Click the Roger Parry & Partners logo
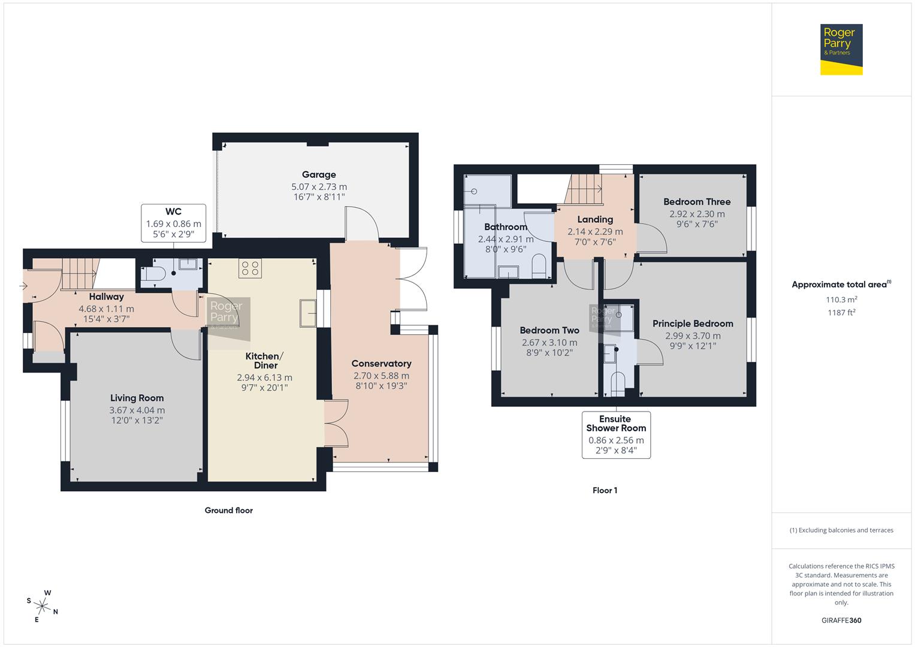tap(841, 49)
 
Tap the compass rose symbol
tap(43, 606)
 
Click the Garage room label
tap(319, 175)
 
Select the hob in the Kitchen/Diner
tap(250, 268)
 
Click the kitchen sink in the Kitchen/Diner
tap(307, 313)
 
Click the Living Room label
tap(137, 398)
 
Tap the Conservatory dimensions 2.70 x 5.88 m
tap(381, 376)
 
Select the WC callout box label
tap(173, 211)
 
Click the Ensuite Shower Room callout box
tap(616, 434)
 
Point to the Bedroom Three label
tap(697, 202)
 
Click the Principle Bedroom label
tap(693, 323)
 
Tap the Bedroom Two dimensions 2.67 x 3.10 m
tap(549, 343)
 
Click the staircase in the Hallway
tap(78, 274)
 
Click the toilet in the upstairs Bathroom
tap(539, 267)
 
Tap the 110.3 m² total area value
tap(841, 300)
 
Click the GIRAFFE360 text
tap(841, 620)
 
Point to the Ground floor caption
tap(228, 510)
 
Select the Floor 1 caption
tap(605, 490)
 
